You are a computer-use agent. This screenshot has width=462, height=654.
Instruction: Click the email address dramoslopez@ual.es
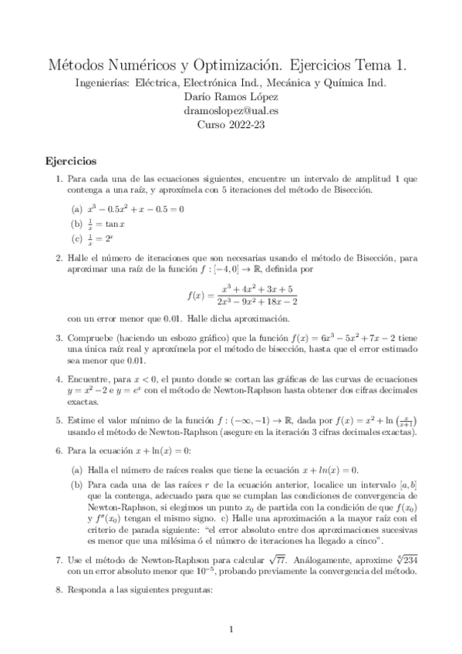[x=231, y=110]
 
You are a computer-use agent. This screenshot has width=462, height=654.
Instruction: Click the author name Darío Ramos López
[x=231, y=96]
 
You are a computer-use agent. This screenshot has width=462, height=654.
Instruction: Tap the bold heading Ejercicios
[x=70, y=162]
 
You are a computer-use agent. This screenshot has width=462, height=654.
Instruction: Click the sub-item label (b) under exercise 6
[x=76, y=484]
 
